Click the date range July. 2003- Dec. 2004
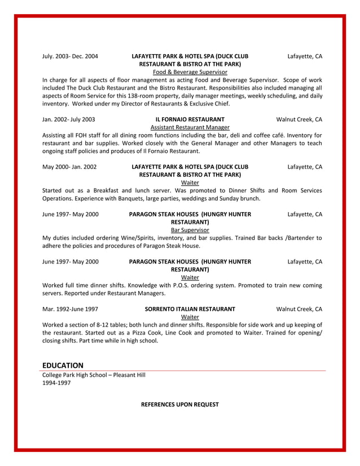point(70,56)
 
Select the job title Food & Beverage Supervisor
point(190,72)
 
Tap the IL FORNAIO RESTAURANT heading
point(190,120)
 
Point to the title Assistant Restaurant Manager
point(190,128)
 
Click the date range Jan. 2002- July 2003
point(68,120)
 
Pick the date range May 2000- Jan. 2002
point(69,167)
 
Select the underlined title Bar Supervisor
point(190,230)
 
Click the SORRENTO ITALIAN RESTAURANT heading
point(190,309)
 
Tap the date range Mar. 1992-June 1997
point(70,309)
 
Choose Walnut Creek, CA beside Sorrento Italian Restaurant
point(299,309)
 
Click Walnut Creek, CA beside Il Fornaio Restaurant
point(299,120)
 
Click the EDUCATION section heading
point(63,366)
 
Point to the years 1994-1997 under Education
point(56,383)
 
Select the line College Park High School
point(94,375)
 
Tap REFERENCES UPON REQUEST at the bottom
point(179,405)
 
